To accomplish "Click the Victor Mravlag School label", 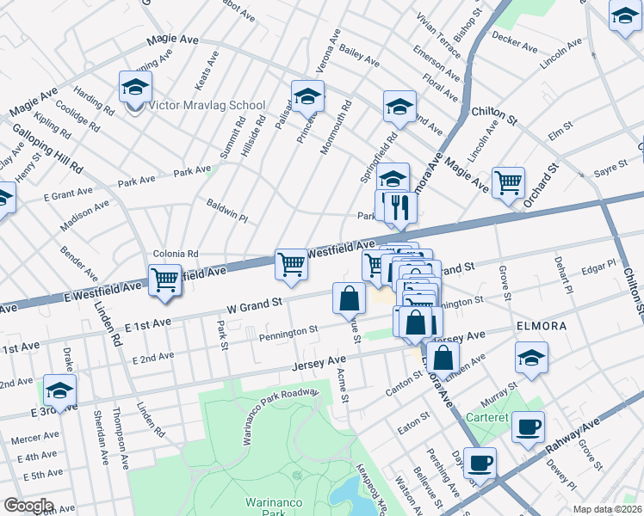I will coord(207,106).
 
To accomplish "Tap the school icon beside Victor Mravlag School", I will coord(135,88).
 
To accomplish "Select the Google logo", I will coord(28,505).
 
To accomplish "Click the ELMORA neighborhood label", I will coord(540,328).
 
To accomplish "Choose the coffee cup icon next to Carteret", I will coord(528,427).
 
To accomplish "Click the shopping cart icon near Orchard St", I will coord(508,182).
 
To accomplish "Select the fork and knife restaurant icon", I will coord(397,207).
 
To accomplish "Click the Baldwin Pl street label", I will coord(227,211).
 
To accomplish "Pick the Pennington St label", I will coord(289,330).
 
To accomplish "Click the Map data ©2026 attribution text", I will coord(607,509).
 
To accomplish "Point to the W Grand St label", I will coord(254,304).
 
